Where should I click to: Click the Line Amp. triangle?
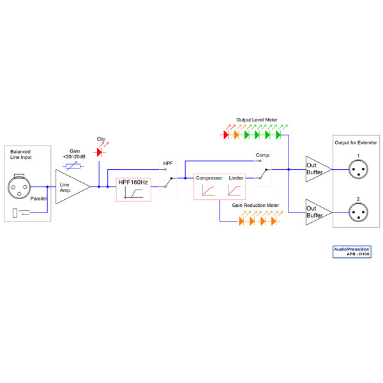click(70, 186)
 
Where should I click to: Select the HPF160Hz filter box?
click(133, 190)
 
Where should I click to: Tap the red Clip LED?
click(98, 153)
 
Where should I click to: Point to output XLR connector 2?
click(358, 210)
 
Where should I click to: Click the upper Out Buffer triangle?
click(316, 169)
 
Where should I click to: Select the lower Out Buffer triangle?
click(316, 211)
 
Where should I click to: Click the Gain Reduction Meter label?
click(255, 206)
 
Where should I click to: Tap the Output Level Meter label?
click(257, 119)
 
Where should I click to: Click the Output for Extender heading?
click(356, 142)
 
